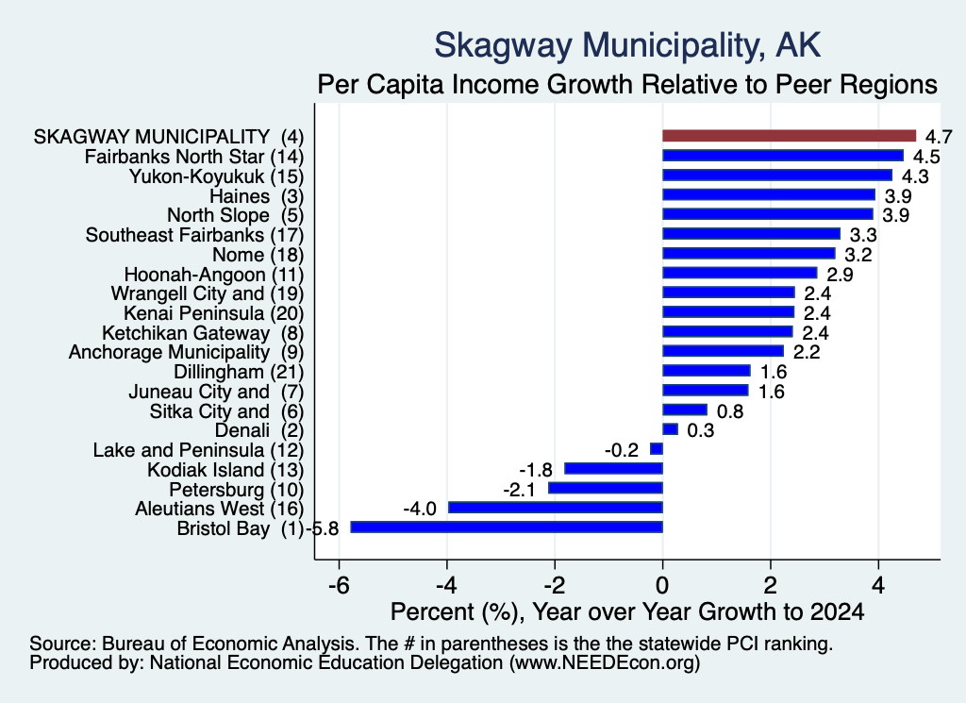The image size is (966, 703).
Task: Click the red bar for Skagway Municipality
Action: coord(790,136)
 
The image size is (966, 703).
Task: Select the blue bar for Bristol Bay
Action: coord(507,527)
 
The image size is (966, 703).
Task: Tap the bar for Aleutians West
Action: coord(555,508)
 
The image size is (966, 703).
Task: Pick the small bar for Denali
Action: coord(671,429)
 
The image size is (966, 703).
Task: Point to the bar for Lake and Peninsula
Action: coord(657,449)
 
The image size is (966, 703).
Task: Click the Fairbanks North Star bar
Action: coord(783,156)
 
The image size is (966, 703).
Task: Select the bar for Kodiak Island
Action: coord(613,469)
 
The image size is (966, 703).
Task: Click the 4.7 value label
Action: coord(939,137)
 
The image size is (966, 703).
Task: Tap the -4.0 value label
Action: coord(420,509)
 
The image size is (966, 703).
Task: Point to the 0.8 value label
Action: coord(730,411)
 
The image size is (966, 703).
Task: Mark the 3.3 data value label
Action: coord(863,235)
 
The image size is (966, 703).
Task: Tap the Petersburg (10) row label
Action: coord(237,490)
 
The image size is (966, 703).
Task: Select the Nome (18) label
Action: coord(258,255)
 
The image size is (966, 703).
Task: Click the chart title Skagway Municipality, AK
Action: coord(627,45)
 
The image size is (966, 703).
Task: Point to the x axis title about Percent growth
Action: coord(627,611)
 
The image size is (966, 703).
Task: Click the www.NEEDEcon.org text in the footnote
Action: coord(605,663)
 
